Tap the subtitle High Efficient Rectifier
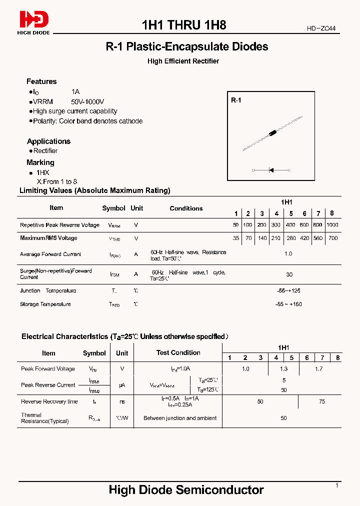(x=183, y=61)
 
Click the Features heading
(x=41, y=81)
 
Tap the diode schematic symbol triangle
(x=271, y=170)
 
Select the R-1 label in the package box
(x=236, y=100)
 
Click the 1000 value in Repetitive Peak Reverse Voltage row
(x=332, y=225)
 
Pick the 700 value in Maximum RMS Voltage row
(x=333, y=238)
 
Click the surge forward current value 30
(x=289, y=274)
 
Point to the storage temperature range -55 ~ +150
(x=288, y=304)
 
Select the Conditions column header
(x=186, y=208)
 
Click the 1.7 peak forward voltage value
(x=319, y=369)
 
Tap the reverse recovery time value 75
(x=321, y=401)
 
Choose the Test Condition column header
(x=178, y=352)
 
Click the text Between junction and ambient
(x=180, y=418)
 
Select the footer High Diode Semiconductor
(x=186, y=490)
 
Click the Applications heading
(x=48, y=141)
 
